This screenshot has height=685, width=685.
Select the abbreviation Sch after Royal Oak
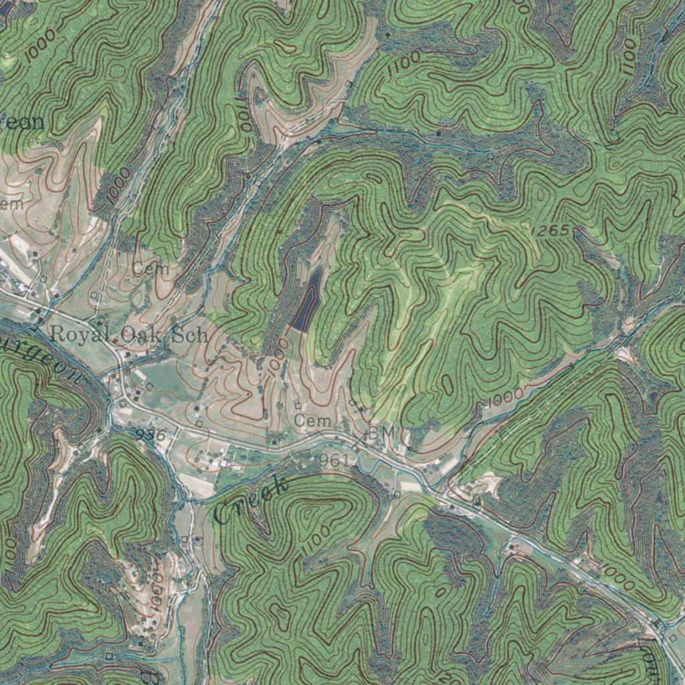click(x=190, y=335)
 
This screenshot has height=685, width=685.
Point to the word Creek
click(x=251, y=500)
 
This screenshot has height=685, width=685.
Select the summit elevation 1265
click(x=550, y=231)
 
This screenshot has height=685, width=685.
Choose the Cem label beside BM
click(x=312, y=421)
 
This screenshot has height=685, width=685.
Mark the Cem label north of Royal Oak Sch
click(x=146, y=269)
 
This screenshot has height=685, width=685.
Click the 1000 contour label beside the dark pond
click(x=280, y=356)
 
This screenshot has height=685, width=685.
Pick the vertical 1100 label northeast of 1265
click(x=629, y=57)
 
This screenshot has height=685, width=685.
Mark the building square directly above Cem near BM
click(x=298, y=405)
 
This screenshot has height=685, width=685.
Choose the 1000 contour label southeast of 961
click(x=617, y=577)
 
